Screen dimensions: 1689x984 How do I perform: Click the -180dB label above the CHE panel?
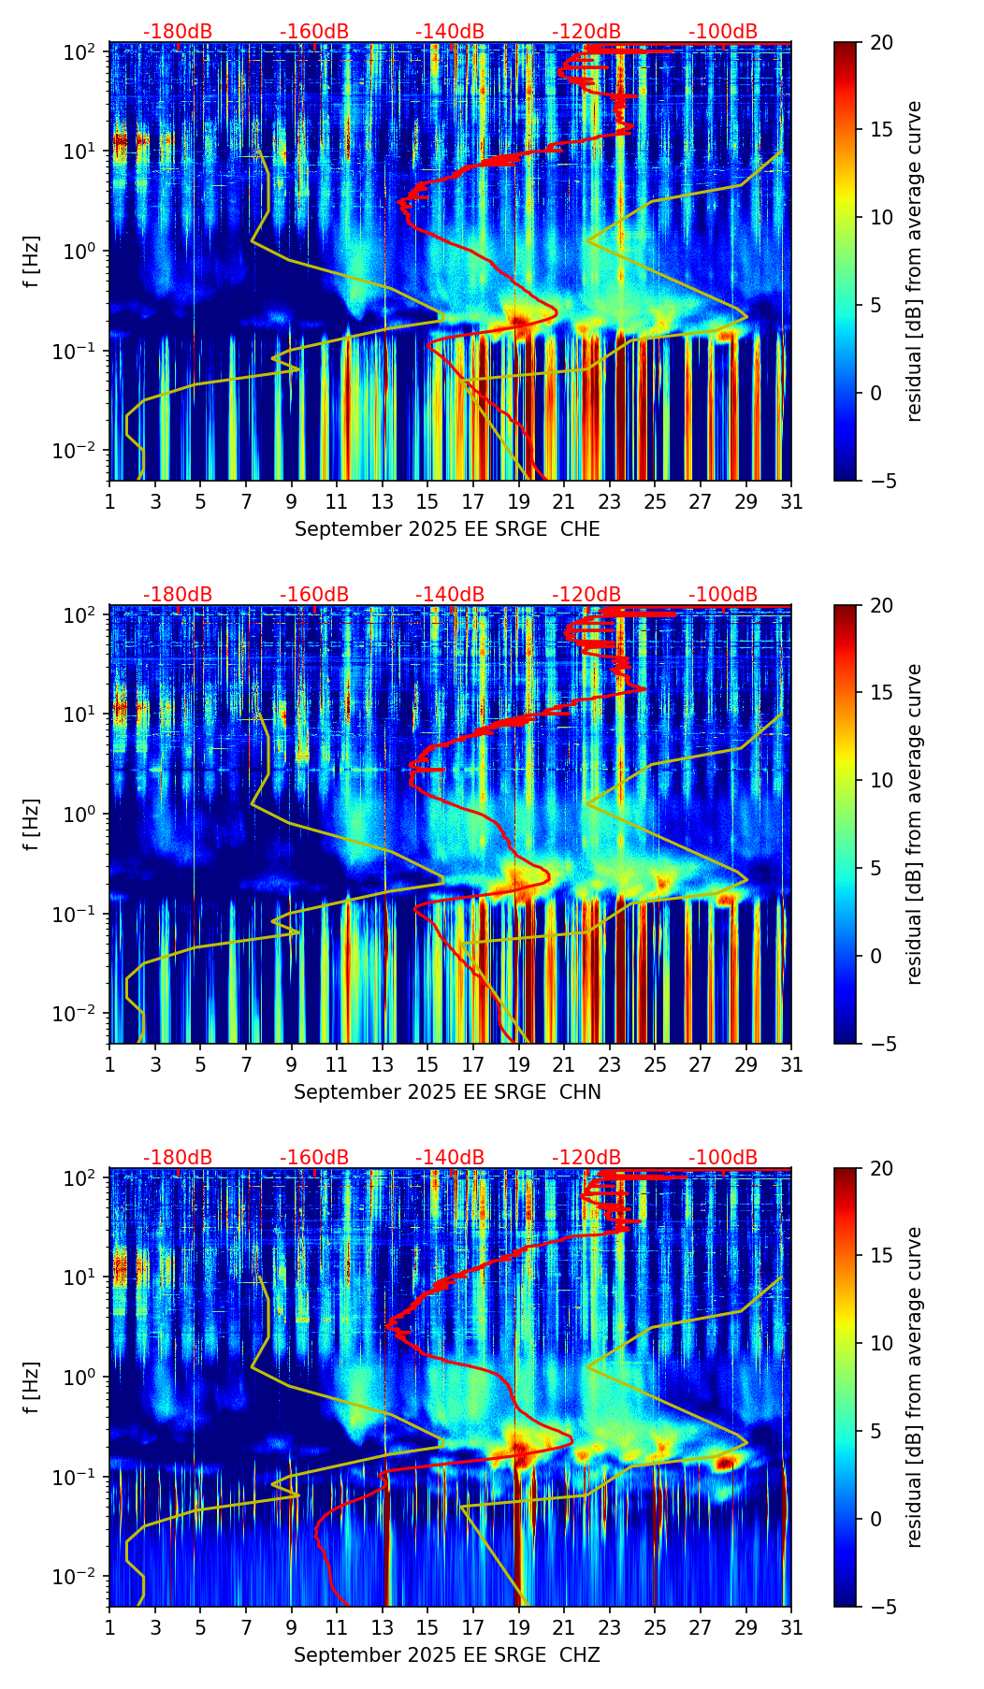click(x=178, y=32)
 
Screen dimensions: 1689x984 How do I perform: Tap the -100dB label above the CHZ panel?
click(x=723, y=1158)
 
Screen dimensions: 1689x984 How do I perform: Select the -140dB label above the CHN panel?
click(x=450, y=595)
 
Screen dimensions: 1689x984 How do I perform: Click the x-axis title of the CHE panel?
click(x=447, y=529)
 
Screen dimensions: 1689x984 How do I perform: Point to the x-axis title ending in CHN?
click(x=447, y=1092)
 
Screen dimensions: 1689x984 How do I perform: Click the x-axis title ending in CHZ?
click(x=447, y=1655)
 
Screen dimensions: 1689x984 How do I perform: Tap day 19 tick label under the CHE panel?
click(x=519, y=501)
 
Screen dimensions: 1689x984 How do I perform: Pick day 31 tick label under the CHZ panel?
click(x=791, y=1627)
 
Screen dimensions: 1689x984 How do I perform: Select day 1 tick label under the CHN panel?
click(x=110, y=1064)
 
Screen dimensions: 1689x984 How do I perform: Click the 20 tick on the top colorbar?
click(x=881, y=42)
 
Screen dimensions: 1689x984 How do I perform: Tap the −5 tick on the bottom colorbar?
click(x=881, y=1607)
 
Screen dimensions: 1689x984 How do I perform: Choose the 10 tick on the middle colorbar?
click(x=881, y=780)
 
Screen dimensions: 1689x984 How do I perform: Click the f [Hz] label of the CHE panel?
click(x=32, y=262)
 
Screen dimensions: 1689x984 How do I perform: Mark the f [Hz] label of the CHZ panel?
click(x=32, y=1388)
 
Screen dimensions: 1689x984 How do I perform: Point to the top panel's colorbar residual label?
click(x=915, y=262)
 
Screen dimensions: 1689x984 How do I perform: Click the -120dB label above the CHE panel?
click(x=586, y=32)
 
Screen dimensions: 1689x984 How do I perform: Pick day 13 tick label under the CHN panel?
click(x=383, y=1064)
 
